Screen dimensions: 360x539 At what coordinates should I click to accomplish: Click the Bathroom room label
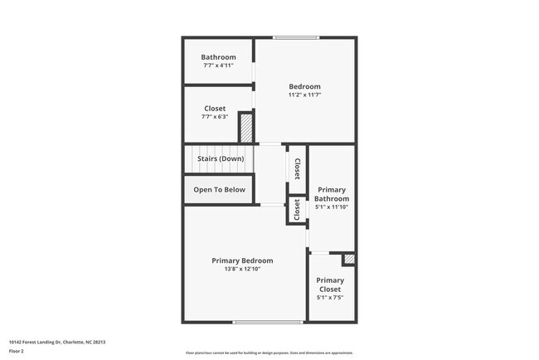coord(218,57)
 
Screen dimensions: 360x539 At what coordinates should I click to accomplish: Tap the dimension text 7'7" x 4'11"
coord(218,66)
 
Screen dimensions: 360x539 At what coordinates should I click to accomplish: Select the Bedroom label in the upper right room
coord(304,86)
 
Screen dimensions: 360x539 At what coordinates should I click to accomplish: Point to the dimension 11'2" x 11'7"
coord(304,95)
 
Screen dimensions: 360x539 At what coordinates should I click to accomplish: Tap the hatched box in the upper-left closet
coord(245,129)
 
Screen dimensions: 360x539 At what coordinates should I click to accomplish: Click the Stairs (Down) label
coord(220,158)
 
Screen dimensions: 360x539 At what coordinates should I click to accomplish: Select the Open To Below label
coord(220,190)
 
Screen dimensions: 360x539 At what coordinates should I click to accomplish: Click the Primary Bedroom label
coord(242,260)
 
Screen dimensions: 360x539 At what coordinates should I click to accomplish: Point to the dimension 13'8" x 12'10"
coord(242,269)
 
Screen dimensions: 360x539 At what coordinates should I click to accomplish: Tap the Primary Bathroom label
coord(332,194)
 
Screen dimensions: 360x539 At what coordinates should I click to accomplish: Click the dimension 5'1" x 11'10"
coord(332,207)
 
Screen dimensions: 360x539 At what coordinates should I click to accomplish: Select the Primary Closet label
coord(330,285)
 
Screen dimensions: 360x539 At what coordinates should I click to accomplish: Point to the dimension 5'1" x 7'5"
coord(330,297)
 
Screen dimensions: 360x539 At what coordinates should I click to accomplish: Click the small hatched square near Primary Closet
coord(349,260)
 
